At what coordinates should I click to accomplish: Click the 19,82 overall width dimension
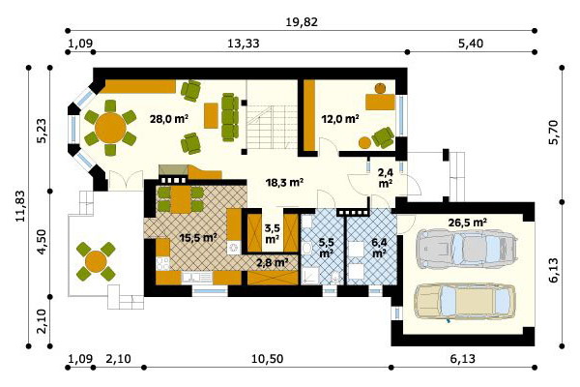tap(302, 22)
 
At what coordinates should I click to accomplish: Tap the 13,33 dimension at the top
tap(243, 44)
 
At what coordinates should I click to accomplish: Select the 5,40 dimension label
tap(471, 44)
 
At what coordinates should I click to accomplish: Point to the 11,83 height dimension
tap(20, 206)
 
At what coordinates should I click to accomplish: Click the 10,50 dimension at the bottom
tap(267, 359)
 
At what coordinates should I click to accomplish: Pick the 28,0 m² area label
tap(169, 119)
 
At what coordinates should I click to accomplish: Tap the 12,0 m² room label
tap(340, 119)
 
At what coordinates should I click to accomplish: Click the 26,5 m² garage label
tap(467, 223)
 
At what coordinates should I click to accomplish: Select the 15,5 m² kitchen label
tap(198, 237)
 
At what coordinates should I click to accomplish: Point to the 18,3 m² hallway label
tap(285, 182)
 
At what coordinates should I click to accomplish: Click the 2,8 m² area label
tap(273, 263)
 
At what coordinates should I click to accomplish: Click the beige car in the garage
tap(465, 302)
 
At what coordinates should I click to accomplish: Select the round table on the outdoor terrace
tap(96, 261)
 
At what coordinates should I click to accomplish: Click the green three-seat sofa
tap(230, 117)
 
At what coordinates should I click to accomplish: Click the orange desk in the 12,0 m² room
tap(380, 102)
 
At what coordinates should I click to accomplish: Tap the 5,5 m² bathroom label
tap(326, 248)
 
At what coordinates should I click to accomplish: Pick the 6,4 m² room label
tap(380, 248)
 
